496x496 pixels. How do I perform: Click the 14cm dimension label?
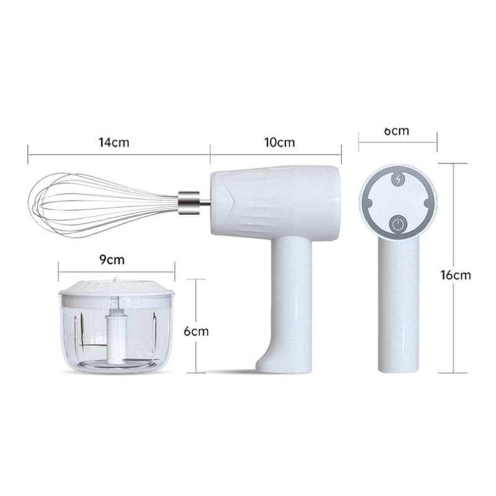coord(114,142)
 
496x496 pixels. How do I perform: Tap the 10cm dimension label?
coord(280,142)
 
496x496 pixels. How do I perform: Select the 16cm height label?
coord(456,275)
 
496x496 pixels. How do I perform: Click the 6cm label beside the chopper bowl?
coord(196,331)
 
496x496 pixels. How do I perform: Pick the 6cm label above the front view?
coord(397,130)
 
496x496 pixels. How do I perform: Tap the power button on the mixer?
coord(398,225)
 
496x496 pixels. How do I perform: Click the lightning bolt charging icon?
coord(398,180)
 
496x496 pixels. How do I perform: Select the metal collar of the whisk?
coord(189,203)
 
